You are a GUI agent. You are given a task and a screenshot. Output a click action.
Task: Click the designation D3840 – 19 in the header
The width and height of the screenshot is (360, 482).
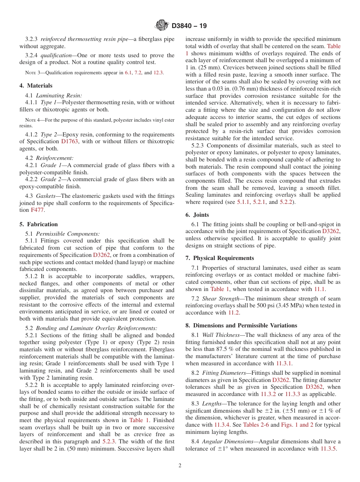pos(189,26)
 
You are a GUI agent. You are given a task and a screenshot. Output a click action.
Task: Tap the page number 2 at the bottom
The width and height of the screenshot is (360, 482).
pos(180,466)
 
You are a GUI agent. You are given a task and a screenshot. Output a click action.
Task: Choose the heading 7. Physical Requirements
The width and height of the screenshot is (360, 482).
pos(220,258)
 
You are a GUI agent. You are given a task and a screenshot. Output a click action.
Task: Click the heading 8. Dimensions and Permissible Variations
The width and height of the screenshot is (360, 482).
pos(241,326)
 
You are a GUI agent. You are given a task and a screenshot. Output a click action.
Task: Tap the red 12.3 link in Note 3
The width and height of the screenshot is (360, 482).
pos(158,73)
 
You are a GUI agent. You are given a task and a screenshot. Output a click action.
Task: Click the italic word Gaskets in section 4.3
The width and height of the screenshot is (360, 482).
pos(46,196)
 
